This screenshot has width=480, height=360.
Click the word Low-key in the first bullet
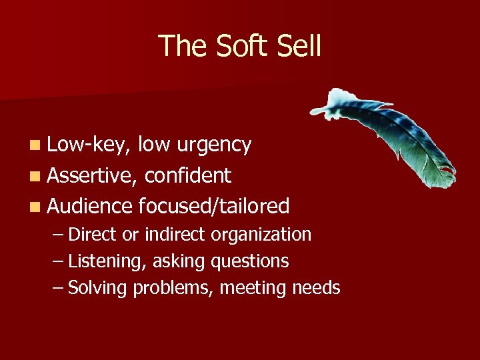click(89, 145)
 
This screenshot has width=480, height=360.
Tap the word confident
click(187, 175)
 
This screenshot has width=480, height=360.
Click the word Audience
click(90, 206)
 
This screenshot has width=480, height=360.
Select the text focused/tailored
click(213, 206)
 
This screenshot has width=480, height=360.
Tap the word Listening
click(103, 261)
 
